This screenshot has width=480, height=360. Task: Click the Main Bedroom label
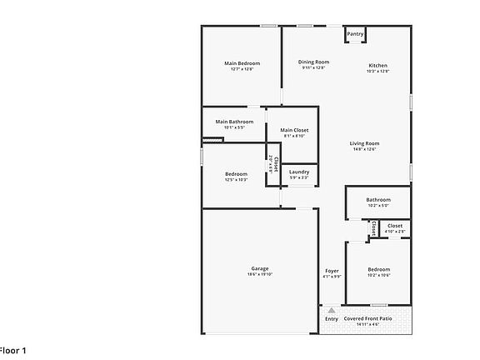tap(242, 63)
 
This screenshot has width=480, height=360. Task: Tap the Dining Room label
tap(314, 62)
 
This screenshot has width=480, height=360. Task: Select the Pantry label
tap(356, 34)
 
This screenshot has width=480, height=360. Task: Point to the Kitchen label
tap(378, 66)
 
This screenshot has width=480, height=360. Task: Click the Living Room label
tap(364, 143)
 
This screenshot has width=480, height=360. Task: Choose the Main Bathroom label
tap(234, 122)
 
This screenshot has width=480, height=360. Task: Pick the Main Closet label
tap(294, 130)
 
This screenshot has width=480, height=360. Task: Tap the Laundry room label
tap(299, 172)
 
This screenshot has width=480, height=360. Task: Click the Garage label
tap(260, 268)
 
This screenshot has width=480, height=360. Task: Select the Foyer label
tap(332, 271)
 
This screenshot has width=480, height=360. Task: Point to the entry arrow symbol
tap(332, 309)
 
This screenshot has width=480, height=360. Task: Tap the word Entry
tap(332, 318)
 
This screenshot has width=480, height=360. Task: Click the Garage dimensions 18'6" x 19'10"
tap(260, 274)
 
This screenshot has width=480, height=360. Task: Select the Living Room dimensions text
tap(364, 149)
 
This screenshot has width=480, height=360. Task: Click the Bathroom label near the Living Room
tap(378, 199)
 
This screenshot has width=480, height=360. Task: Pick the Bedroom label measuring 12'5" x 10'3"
tap(236, 173)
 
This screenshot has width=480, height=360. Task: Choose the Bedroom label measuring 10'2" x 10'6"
tap(379, 268)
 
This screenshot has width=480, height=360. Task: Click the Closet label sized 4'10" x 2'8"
tap(395, 225)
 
